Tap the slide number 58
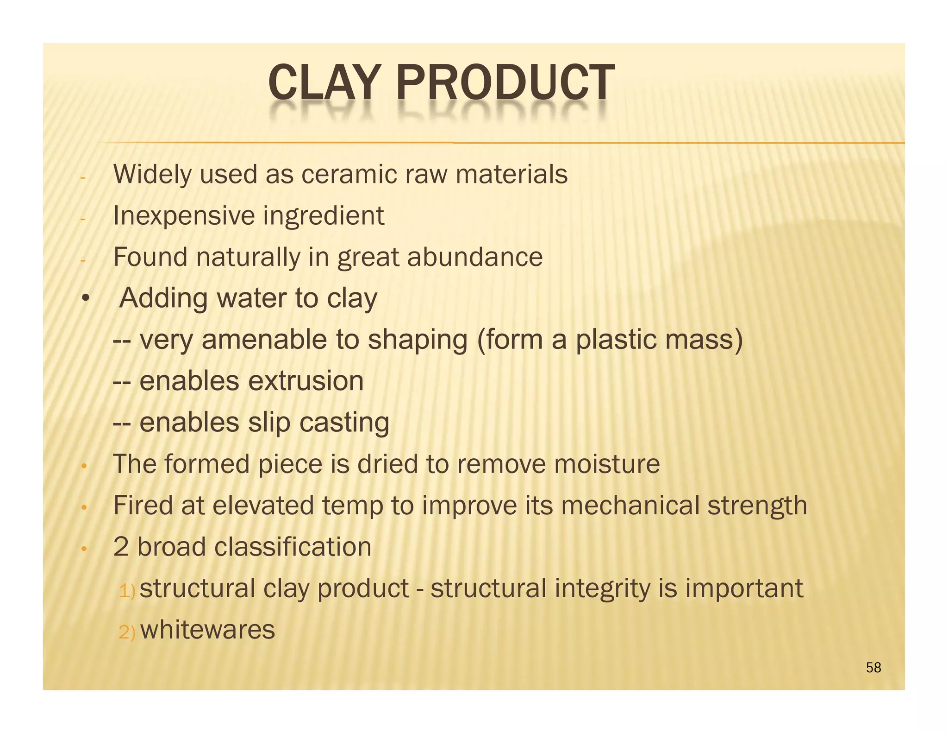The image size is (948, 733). (x=873, y=668)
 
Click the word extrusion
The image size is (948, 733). (x=306, y=381)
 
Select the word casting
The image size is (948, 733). (x=344, y=423)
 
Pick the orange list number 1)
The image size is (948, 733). (x=127, y=591)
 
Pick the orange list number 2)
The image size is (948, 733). (x=127, y=632)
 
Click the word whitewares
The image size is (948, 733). (x=208, y=630)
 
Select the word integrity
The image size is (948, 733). (x=602, y=589)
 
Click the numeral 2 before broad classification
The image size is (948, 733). (x=121, y=547)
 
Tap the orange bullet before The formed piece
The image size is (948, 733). (x=84, y=466)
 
